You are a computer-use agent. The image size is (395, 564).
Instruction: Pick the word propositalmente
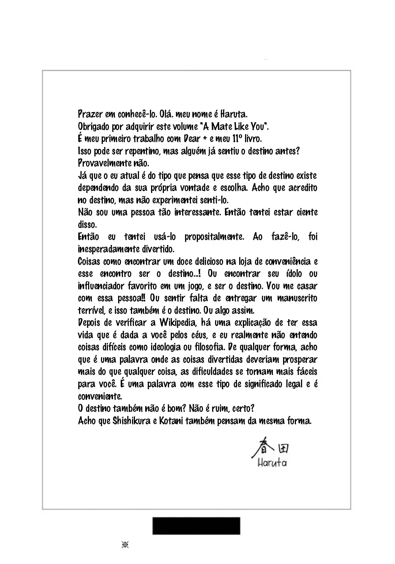click(214, 237)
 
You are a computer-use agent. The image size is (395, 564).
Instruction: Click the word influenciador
click(101, 286)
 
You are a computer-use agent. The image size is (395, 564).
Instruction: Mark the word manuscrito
click(297, 298)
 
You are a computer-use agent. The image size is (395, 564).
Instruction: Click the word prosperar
click(300, 360)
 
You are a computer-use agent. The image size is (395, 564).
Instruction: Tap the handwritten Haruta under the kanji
click(272, 463)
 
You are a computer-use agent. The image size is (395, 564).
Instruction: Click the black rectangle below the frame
click(196, 526)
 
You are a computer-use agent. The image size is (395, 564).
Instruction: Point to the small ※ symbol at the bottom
click(125, 545)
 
